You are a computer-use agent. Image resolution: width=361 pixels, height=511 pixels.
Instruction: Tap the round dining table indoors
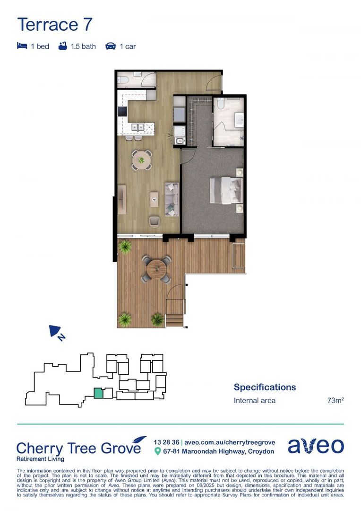tap(141, 160)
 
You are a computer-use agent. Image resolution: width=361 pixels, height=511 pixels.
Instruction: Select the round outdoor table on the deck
tap(156, 269)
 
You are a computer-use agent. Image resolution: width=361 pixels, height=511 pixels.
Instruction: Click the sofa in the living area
tap(172, 199)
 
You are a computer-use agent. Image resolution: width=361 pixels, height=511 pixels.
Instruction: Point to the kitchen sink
tap(138, 127)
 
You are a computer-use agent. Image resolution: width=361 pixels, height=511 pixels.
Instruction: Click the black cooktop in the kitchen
tap(122, 112)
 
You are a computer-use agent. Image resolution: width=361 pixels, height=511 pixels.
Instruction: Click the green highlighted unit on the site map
tap(98, 393)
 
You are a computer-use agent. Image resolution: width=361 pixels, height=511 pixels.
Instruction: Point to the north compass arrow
tap(56, 331)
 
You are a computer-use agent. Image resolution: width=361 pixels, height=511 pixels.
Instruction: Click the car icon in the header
tap(111, 46)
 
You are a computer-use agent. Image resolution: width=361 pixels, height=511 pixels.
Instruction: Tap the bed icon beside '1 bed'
tap(22, 46)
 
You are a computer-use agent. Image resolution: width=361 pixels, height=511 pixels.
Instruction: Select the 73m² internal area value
tap(335, 401)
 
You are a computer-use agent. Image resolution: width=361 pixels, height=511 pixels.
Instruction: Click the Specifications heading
tap(265, 387)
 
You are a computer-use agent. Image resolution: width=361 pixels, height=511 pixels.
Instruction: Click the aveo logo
tap(316, 446)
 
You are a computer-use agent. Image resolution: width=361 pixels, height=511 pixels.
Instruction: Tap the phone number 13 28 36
tap(166, 442)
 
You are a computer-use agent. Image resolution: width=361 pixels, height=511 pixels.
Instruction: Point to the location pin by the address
tap(158, 451)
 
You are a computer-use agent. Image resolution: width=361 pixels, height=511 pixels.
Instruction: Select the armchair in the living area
tap(155, 221)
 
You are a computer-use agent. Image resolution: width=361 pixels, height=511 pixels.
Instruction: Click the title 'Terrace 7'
tap(55, 24)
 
